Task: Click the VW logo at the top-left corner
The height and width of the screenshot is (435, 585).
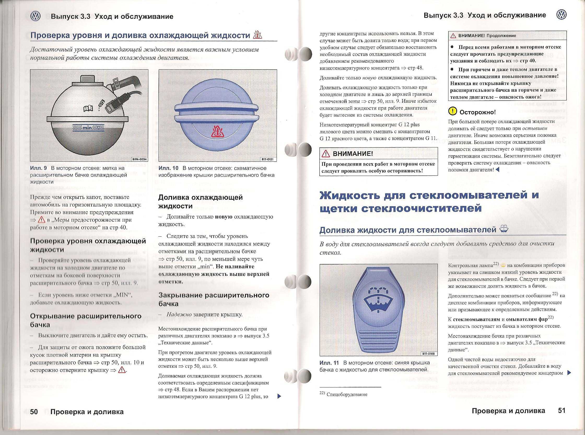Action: click(x=36, y=16)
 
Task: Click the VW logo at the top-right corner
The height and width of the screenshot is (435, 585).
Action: click(x=561, y=15)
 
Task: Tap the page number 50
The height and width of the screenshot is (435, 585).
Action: click(x=34, y=411)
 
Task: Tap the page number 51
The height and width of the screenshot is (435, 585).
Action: click(x=561, y=410)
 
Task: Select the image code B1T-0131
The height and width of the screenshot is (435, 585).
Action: click(x=268, y=159)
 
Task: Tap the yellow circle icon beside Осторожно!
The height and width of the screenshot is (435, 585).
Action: click(x=452, y=111)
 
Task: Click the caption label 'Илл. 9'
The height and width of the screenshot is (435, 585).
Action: click(x=38, y=168)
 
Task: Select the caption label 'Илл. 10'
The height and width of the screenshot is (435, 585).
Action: click(x=168, y=168)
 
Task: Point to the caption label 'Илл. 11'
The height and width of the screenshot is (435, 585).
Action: click(x=329, y=363)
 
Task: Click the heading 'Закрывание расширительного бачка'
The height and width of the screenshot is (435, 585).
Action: click(x=214, y=299)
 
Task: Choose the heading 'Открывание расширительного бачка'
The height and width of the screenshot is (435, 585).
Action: click(x=86, y=320)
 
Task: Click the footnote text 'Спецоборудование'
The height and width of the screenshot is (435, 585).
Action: click(x=347, y=394)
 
